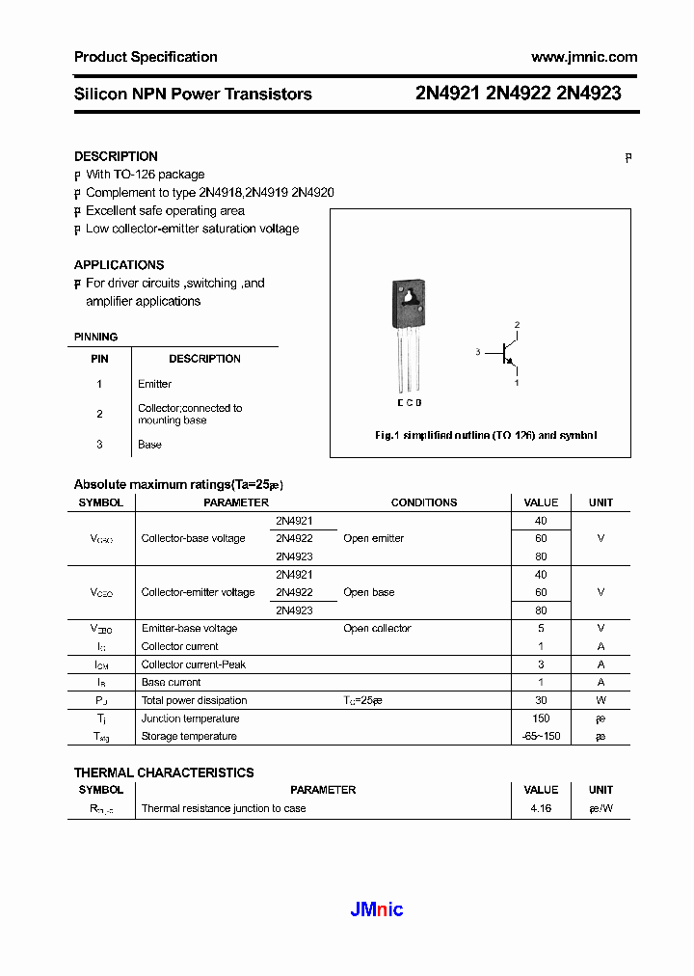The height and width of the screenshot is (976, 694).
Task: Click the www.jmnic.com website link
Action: point(584,57)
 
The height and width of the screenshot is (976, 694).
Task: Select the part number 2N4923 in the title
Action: point(589,94)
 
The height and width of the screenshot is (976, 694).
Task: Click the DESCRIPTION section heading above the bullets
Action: point(116,156)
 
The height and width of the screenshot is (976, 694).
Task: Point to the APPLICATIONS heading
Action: point(119,265)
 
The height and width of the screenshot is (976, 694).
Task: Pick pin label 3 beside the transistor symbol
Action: point(477,353)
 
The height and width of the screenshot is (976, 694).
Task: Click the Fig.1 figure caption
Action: point(486,436)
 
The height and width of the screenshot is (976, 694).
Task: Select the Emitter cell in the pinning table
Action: point(154,384)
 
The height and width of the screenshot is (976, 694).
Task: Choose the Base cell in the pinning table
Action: point(149,445)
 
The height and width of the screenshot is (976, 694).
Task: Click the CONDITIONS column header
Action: point(424,502)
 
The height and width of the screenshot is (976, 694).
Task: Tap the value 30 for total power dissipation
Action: point(541,700)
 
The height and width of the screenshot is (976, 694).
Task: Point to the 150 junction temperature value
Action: point(541,718)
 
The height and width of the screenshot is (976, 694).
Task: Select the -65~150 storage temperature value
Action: point(541,737)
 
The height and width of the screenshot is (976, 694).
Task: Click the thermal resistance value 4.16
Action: point(541,808)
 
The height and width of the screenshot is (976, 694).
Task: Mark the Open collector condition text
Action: point(377,629)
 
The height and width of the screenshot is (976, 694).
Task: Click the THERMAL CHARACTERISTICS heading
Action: point(164,773)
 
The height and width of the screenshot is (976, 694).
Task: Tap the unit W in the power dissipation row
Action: point(601,700)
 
